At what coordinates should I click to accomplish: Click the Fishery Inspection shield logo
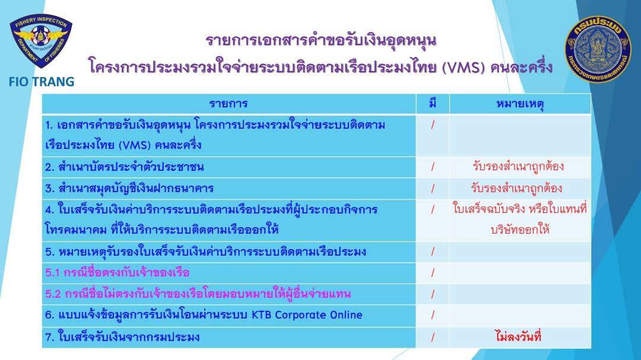pos(41,42)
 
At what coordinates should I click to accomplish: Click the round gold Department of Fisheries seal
pos(598,49)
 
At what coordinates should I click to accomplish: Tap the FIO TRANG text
pos(42,82)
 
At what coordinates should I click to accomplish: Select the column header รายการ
pos(229,103)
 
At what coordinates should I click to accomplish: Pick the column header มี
pos(433,103)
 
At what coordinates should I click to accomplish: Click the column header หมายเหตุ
pos(519,104)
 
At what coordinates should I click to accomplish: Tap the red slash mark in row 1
pos(433,125)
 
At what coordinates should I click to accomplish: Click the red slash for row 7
pos(433,337)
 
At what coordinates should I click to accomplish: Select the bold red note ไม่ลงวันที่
pos(518,336)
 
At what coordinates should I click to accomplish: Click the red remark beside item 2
pos(518,166)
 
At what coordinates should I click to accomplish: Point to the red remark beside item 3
pos(516,188)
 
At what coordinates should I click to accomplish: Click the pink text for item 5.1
pos(118,272)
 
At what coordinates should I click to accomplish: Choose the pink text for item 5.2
pos(198,294)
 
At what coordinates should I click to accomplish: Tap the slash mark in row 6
pos(433,315)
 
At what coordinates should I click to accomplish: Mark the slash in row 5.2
pos(433,294)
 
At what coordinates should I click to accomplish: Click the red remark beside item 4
pos(519,219)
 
